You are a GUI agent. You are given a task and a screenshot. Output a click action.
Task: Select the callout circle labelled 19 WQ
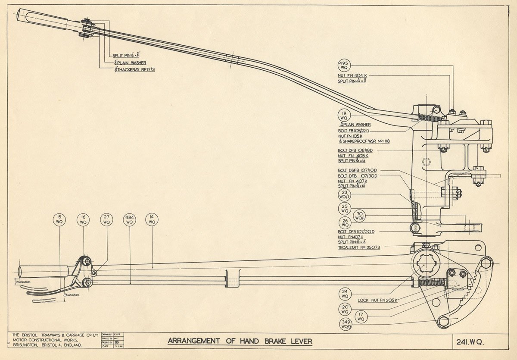click(x=344, y=115)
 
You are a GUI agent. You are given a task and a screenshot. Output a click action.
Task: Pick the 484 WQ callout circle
click(x=129, y=219)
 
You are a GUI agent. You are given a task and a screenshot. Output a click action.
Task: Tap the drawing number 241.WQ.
click(x=470, y=342)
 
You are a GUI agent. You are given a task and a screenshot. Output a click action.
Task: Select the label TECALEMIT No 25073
click(x=359, y=247)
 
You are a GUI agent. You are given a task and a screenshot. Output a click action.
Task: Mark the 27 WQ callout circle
click(x=106, y=219)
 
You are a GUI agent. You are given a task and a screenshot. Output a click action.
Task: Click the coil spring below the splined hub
click(x=431, y=283)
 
